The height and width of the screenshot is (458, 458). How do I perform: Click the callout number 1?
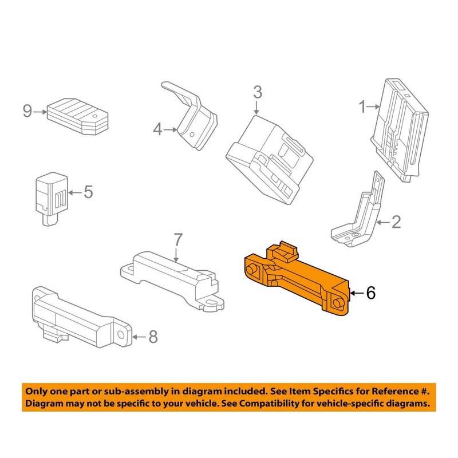(362, 107)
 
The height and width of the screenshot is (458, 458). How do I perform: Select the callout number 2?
(396, 222)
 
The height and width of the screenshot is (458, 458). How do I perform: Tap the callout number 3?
(257, 92)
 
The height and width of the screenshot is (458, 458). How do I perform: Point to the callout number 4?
(158, 129)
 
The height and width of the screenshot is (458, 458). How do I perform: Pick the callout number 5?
(88, 192)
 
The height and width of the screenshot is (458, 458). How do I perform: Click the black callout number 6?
(370, 293)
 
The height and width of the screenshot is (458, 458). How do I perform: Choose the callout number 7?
(178, 240)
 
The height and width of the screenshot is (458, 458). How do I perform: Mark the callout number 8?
(153, 337)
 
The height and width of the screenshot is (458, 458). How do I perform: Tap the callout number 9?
(27, 111)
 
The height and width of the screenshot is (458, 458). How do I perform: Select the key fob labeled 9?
(78, 116)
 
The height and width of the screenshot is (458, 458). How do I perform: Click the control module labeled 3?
(269, 160)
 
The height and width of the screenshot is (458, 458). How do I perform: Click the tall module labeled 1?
(399, 130)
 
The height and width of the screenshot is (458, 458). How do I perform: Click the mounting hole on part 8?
(120, 335)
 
